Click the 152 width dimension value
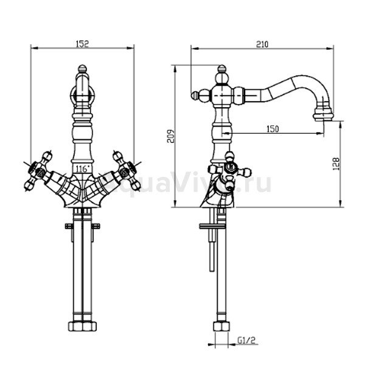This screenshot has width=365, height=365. [83, 44]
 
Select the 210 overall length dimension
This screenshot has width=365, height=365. [262, 44]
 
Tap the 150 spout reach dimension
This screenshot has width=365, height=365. [273, 129]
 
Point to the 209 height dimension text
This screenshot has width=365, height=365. [170, 136]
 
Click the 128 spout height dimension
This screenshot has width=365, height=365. [336, 164]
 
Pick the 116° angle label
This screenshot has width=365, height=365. [83, 169]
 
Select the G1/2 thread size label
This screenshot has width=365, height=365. [246, 341]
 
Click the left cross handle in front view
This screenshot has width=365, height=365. [38, 170]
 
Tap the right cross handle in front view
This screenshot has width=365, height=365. [127, 170]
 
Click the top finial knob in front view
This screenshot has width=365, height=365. [82, 68]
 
